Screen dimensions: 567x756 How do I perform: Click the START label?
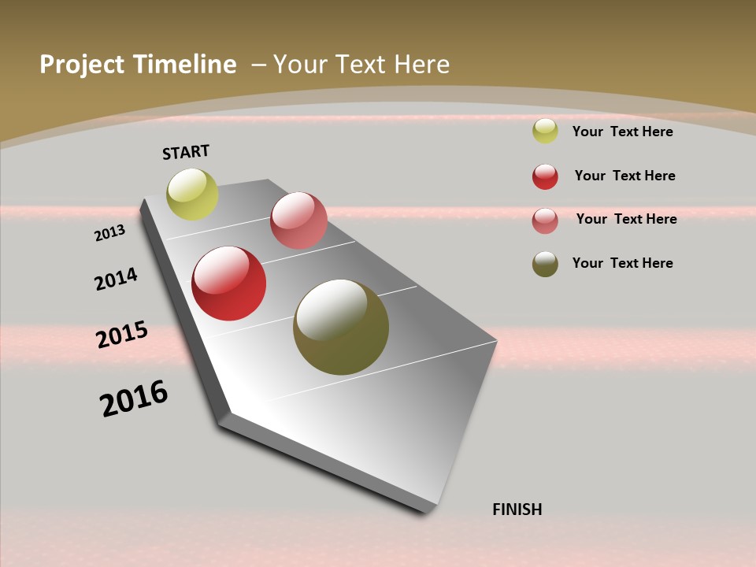(x=186, y=152)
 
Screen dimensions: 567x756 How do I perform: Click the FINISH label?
(x=517, y=510)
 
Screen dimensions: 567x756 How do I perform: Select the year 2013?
(x=109, y=233)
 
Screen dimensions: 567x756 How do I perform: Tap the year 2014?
(x=116, y=279)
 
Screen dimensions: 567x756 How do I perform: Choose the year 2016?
(x=134, y=398)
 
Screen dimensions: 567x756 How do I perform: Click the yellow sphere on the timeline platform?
(x=192, y=195)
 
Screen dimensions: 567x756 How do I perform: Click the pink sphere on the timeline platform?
(x=298, y=220)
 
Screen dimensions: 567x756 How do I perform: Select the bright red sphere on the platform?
(x=229, y=283)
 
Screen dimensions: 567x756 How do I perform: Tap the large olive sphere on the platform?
(x=341, y=327)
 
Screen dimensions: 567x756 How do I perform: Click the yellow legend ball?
(x=545, y=132)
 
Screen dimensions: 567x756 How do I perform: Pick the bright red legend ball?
(x=545, y=176)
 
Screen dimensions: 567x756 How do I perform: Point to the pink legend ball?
(x=545, y=220)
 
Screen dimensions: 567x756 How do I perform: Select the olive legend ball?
(x=545, y=264)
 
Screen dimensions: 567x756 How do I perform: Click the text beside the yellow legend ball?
(x=622, y=132)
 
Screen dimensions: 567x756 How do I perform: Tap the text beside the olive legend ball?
(x=622, y=263)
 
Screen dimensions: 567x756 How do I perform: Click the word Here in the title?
(x=421, y=65)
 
